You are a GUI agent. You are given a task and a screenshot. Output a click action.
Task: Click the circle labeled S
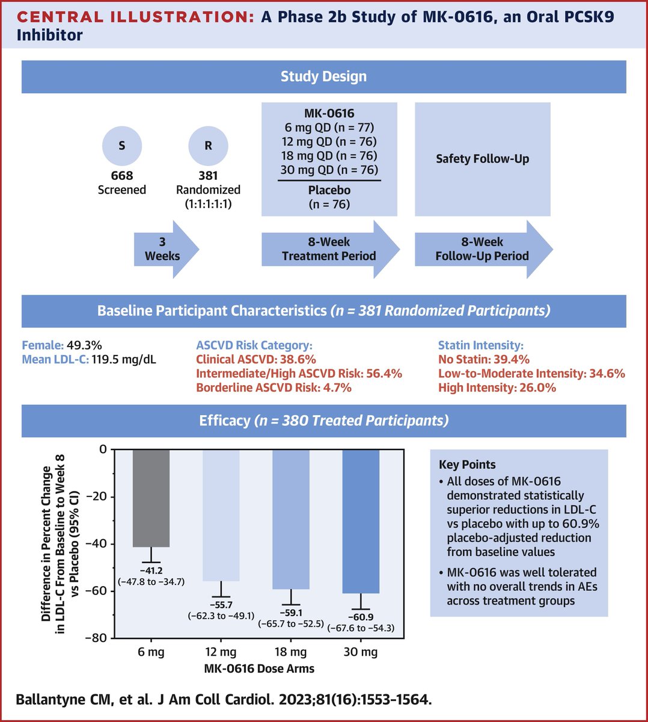click(122, 146)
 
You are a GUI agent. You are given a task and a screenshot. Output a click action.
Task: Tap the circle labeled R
click(208, 146)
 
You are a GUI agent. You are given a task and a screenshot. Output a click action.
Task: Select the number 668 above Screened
click(122, 176)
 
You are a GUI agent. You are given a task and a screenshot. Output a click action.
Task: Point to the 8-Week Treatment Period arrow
click(329, 249)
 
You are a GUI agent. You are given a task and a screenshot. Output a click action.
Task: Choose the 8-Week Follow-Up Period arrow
click(483, 249)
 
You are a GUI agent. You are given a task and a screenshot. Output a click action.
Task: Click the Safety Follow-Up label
click(483, 159)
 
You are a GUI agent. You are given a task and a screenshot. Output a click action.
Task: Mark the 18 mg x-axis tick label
click(291, 652)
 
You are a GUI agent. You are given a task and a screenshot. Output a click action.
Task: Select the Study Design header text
click(323, 76)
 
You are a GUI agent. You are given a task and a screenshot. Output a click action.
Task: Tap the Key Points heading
click(467, 464)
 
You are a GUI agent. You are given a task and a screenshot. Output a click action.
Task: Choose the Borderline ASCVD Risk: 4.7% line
click(274, 388)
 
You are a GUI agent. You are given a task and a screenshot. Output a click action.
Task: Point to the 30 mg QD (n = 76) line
click(329, 170)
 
